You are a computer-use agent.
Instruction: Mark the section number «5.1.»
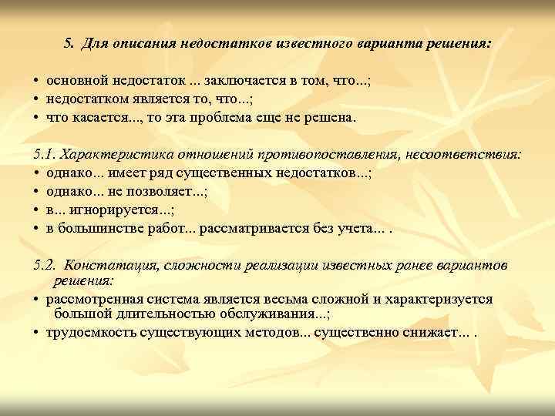[45, 154]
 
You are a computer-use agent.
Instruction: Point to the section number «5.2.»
[46, 265]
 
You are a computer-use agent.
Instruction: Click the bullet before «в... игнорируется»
[36, 210]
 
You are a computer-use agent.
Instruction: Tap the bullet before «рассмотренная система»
[36, 299]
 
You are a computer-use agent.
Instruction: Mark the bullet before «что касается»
[36, 119]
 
